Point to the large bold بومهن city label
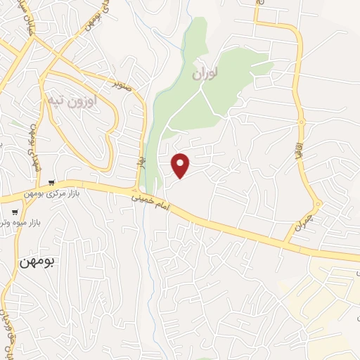[x=37, y=259]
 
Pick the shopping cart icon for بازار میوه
[x=15, y=212]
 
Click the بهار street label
[x=140, y=162]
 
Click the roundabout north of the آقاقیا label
[x=302, y=122]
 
